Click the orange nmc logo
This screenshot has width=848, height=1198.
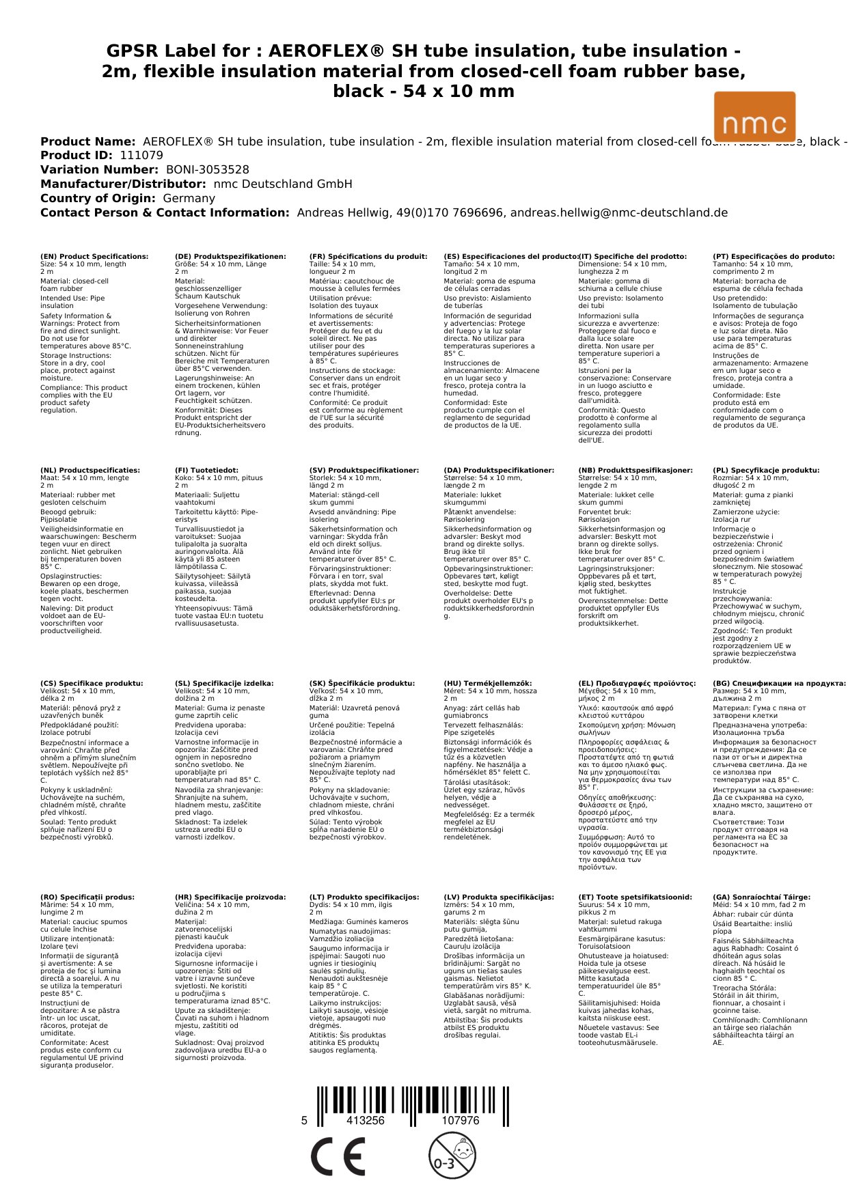click(x=754, y=117)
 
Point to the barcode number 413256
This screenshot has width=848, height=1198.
click(x=366, y=1120)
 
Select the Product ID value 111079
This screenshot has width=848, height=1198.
click(x=141, y=156)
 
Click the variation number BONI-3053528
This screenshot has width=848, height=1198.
click(x=208, y=170)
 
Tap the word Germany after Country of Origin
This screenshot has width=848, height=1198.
click(x=189, y=199)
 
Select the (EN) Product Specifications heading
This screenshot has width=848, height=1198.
click(x=94, y=257)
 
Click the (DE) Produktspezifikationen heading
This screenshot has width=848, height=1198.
click(x=230, y=257)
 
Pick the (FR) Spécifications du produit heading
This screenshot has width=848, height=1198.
click(x=368, y=257)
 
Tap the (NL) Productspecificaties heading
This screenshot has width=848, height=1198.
click(x=90, y=471)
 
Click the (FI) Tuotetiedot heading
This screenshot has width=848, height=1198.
click(x=206, y=471)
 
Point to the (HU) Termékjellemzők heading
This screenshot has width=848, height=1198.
click(x=487, y=684)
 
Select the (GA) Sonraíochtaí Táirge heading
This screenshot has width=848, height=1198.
click(x=761, y=897)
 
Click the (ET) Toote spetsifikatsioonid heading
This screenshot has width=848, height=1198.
click(x=635, y=897)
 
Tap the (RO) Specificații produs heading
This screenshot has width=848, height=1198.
click(x=87, y=897)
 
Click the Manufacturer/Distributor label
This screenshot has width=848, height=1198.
click(x=123, y=184)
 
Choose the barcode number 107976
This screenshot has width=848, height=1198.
click(x=461, y=1120)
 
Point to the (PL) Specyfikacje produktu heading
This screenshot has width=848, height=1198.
click(x=766, y=471)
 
